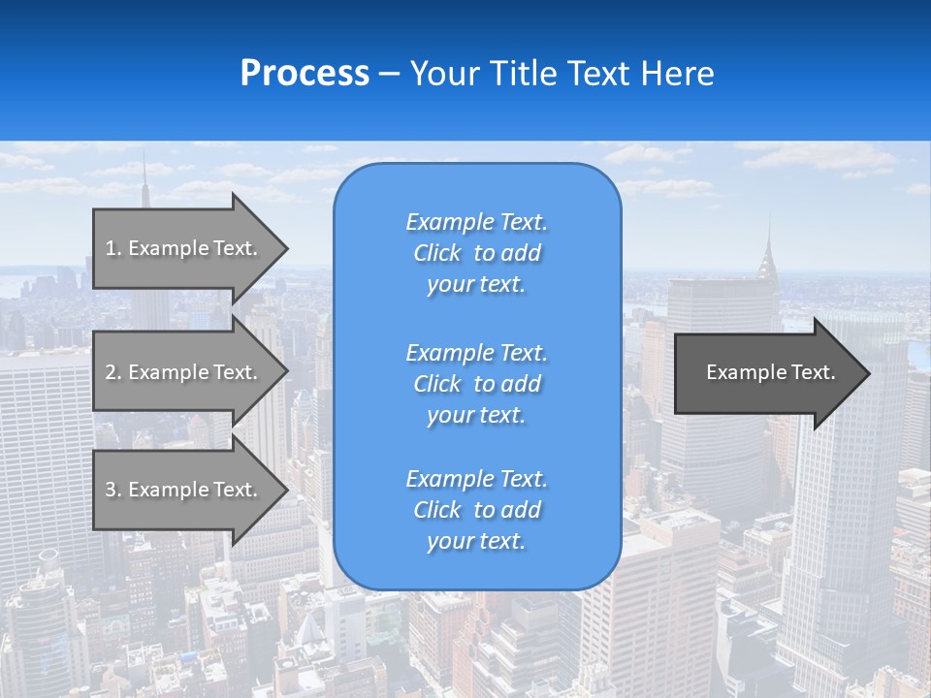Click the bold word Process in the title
point(305,74)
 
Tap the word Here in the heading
point(678,74)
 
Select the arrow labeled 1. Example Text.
point(184,248)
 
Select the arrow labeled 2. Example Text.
point(184,372)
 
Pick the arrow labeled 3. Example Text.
point(184,490)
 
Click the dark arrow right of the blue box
point(766,373)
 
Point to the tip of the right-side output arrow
point(868,373)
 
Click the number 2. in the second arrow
point(112,372)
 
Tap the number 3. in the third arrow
point(112,490)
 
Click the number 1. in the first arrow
point(112,248)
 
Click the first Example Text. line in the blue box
point(476,222)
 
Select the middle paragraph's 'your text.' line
point(476,415)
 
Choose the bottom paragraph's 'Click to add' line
point(476,510)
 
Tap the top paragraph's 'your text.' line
point(476,284)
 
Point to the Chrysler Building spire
point(769,238)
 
